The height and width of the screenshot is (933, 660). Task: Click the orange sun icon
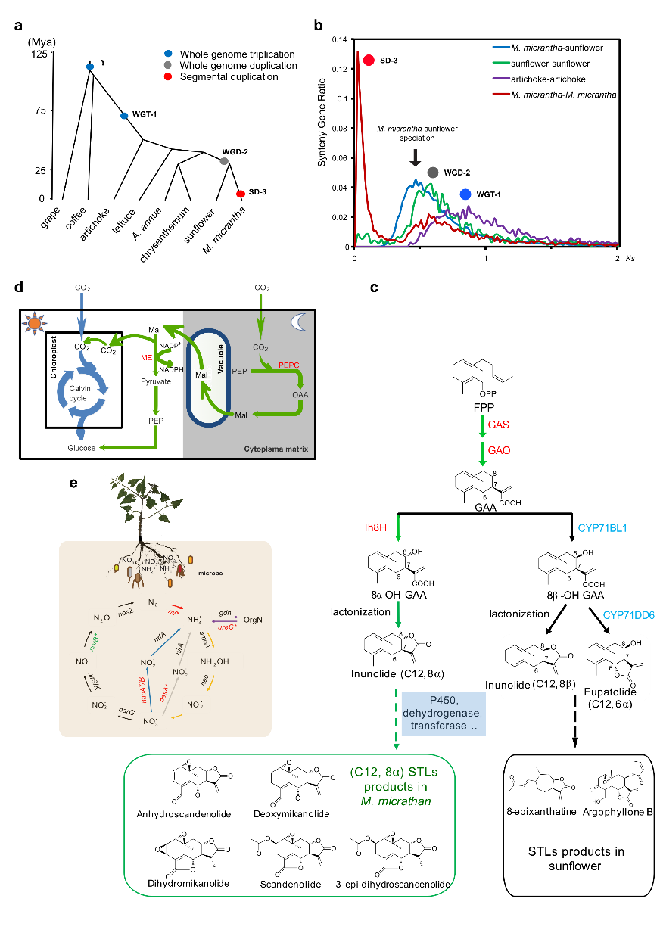click(35, 325)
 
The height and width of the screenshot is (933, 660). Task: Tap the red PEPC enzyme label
click(289, 365)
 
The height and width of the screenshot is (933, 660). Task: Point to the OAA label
click(300, 395)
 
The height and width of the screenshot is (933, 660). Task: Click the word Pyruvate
click(155, 381)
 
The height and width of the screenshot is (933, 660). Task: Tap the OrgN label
click(254, 620)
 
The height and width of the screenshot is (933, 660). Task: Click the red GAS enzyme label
click(499, 425)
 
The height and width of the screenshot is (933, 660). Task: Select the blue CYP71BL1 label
click(602, 528)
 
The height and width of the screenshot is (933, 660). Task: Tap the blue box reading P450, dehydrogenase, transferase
click(443, 713)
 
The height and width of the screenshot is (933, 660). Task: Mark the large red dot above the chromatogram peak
click(369, 61)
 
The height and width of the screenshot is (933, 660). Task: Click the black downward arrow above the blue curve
click(415, 157)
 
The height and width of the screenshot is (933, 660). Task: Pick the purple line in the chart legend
click(501, 78)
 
